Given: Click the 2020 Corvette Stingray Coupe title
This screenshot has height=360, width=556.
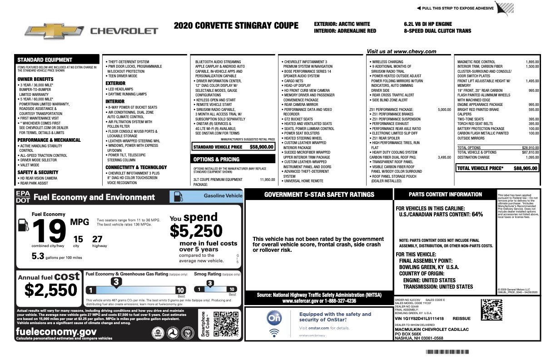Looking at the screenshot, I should coord(236,25).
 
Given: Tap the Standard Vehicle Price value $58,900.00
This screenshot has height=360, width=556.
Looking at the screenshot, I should coord(261,147).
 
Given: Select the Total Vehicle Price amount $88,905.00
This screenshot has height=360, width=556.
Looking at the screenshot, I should coord(526,168).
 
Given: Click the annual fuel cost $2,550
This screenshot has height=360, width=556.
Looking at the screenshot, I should coord(51,290).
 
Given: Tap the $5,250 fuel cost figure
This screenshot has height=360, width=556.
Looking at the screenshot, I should coord(196,231).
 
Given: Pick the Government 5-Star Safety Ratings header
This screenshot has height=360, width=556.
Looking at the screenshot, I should coord(319,195).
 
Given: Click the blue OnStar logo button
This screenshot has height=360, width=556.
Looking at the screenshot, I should coord(274,319).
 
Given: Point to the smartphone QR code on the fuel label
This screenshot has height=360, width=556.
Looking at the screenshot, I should coord(223,324).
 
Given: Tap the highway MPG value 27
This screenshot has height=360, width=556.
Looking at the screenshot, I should coord(97,239).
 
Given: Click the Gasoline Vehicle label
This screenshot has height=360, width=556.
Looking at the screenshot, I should coord(223,196).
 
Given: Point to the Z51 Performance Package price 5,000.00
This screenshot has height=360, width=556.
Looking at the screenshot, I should coord(444,110).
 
